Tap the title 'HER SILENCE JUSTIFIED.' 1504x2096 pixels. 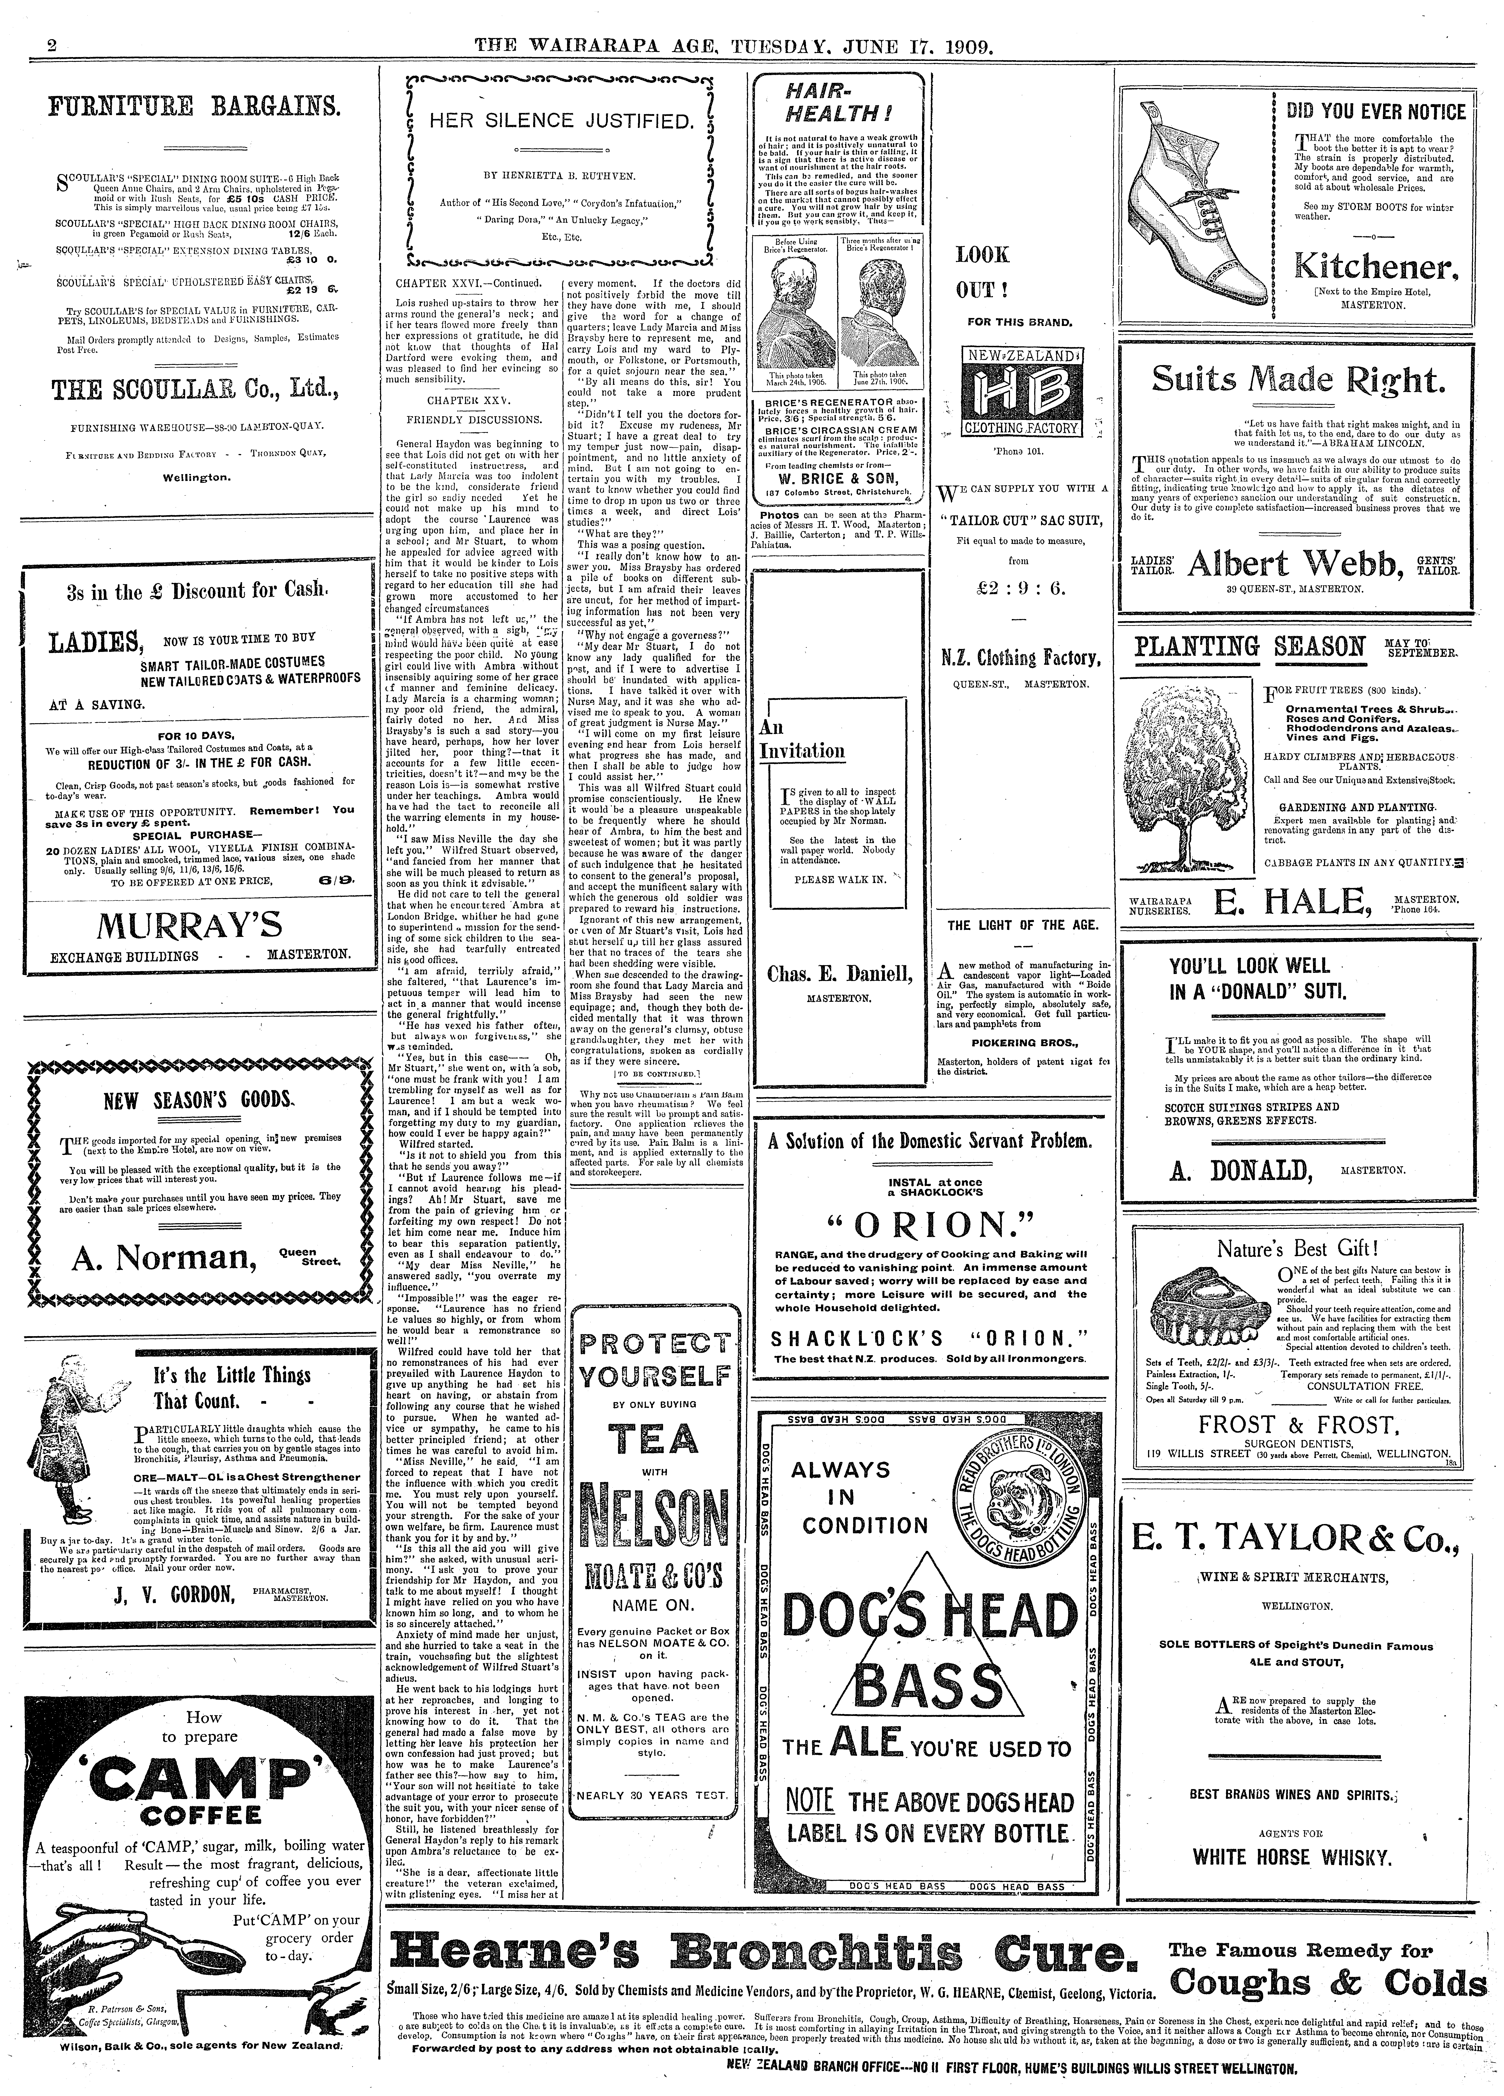point(560,121)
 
